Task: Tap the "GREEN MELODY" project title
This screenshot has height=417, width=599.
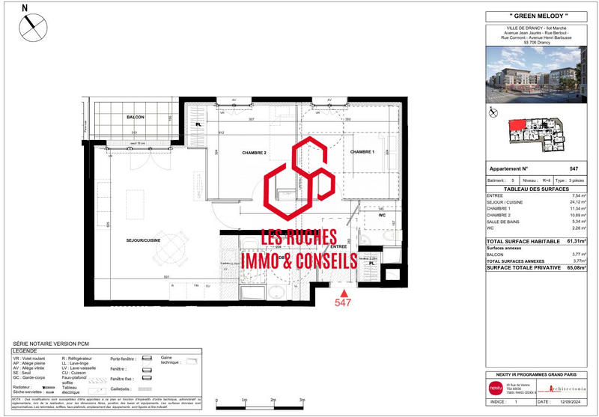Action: click(x=534, y=16)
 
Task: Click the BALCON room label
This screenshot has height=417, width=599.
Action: click(x=135, y=118)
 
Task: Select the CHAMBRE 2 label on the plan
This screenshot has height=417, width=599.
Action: click(x=255, y=153)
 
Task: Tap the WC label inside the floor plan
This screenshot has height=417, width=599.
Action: click(x=381, y=216)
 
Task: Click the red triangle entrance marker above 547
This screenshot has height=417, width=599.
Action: click(x=344, y=292)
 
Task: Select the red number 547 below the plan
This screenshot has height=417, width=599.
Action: click(x=344, y=304)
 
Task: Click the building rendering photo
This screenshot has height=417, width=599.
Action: click(x=534, y=75)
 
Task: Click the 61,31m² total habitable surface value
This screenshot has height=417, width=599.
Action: click(x=576, y=241)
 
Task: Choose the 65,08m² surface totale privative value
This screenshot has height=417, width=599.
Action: click(x=576, y=267)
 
